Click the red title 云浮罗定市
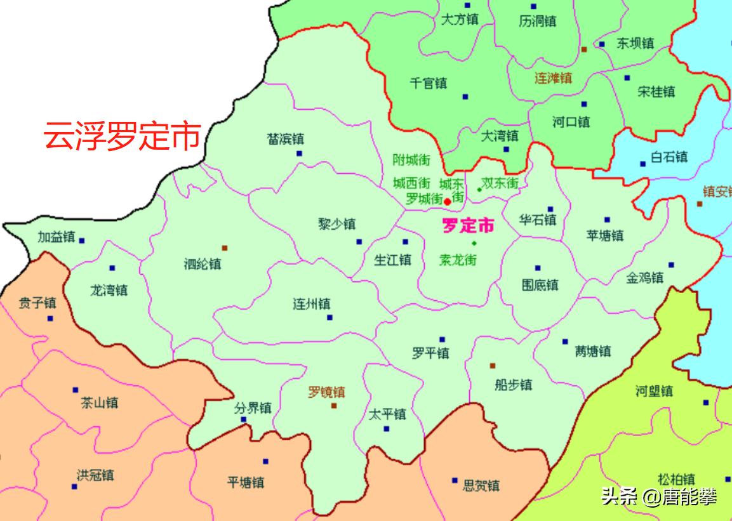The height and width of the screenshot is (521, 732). pyautogui.click(x=122, y=136)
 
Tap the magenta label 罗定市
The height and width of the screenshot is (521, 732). pyautogui.click(x=468, y=225)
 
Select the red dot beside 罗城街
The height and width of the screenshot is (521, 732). pyautogui.click(x=448, y=201)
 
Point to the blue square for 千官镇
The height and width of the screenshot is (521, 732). pyautogui.click(x=465, y=96)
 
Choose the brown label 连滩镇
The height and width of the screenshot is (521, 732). pyautogui.click(x=552, y=78)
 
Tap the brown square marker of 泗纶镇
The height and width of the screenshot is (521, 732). pyautogui.click(x=224, y=248)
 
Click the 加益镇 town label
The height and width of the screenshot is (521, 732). pyautogui.click(x=56, y=238)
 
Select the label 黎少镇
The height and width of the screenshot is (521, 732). pyautogui.click(x=336, y=224)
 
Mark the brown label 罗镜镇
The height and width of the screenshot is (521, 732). pyautogui.click(x=326, y=392)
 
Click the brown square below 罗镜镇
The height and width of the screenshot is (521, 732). pyautogui.click(x=334, y=406)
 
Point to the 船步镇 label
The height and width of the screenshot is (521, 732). pyautogui.click(x=513, y=385)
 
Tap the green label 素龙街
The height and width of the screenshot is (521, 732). pyautogui.click(x=457, y=260)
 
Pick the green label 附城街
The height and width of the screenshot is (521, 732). pyautogui.click(x=411, y=160)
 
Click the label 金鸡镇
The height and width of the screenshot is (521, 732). pyautogui.click(x=644, y=277)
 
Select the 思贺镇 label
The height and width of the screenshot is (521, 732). pyautogui.click(x=481, y=486)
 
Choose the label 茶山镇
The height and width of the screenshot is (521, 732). pyautogui.click(x=99, y=402)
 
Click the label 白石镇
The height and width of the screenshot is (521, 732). pyautogui.click(x=669, y=157)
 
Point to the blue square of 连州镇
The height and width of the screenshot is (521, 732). pyautogui.click(x=329, y=317)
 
